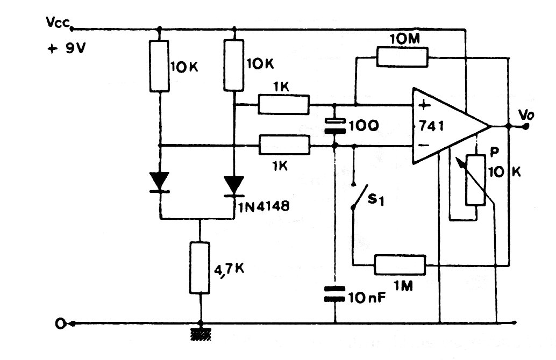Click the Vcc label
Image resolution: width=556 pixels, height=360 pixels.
57,23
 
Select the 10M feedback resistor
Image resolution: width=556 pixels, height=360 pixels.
402,57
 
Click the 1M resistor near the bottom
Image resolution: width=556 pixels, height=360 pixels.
400,264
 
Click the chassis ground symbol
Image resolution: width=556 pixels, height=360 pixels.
200,334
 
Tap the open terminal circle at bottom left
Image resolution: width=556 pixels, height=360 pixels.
61,323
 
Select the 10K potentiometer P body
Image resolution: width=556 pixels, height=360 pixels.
476,180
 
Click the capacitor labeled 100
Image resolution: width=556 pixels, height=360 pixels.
334,127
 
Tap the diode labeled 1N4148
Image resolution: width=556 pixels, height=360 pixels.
235,186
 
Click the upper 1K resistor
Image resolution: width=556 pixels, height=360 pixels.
284,104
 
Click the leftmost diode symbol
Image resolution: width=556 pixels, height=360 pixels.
160,182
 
